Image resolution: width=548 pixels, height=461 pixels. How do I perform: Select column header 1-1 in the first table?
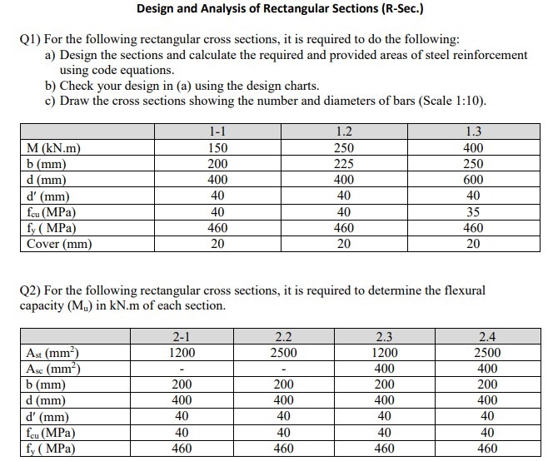tap(217, 131)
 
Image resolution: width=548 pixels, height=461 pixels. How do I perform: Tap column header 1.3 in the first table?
tap(472, 131)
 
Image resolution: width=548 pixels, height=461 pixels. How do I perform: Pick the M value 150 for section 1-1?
tap(217, 148)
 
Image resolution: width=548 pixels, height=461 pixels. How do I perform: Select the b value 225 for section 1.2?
tap(343, 164)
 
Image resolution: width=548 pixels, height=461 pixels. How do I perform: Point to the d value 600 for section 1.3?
tap(472, 180)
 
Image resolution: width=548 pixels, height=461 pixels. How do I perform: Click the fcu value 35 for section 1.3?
tap(472, 211)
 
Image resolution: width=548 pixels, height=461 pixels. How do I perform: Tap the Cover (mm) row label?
tap(59, 244)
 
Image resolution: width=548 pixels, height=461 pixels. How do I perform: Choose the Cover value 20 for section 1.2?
tap(343, 244)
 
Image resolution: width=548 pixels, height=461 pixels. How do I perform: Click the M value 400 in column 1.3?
tap(472, 148)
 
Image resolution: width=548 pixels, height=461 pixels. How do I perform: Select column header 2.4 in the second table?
tap(487, 336)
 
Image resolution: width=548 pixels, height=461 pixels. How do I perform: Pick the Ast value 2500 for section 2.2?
tap(283, 352)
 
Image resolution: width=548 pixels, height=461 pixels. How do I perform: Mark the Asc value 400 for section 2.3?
tap(385, 369)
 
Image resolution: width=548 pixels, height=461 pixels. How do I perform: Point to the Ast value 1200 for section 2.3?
tap(385, 352)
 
